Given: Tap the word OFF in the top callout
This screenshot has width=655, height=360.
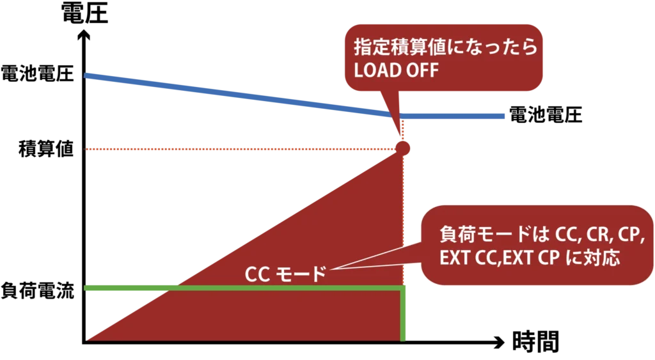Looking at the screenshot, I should click(x=422, y=70).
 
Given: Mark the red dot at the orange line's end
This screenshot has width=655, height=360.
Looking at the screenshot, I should click(x=402, y=148).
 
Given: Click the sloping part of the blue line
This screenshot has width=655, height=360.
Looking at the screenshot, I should click(x=237, y=95).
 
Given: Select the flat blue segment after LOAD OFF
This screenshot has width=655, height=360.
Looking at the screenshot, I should click(x=454, y=117).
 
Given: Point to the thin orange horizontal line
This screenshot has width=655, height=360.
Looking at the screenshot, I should click(x=237, y=150).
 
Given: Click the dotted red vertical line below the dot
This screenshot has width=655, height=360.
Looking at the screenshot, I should click(x=402, y=217).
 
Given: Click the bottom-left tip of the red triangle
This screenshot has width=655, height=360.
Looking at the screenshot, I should click(x=90, y=339).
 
